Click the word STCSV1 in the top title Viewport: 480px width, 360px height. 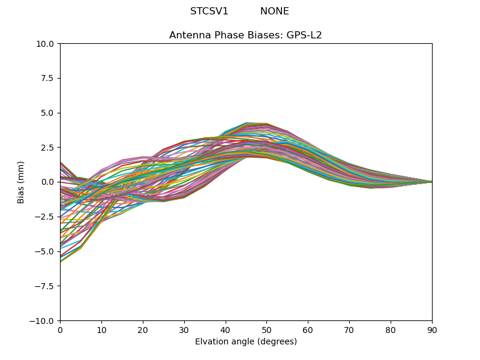point(209,11)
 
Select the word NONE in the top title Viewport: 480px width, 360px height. point(274,11)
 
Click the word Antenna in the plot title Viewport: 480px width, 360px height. point(188,35)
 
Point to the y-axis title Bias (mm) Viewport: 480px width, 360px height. point(21,182)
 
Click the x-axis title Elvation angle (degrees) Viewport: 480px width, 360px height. point(246,342)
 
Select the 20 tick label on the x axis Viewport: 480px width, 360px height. point(143,330)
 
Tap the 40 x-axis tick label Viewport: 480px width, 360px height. point(226,330)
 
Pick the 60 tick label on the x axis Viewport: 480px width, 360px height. point(308,330)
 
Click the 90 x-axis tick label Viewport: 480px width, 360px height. point(432,330)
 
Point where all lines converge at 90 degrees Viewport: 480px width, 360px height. point(431,182)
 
